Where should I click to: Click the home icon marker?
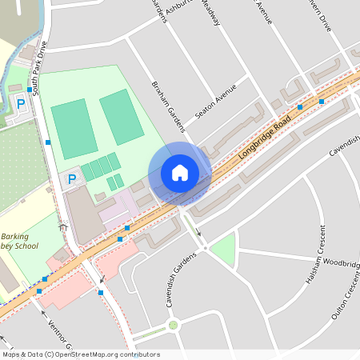[180, 173]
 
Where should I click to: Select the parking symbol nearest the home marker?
[72, 179]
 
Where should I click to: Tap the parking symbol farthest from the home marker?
[21, 104]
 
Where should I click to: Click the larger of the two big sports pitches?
[74, 128]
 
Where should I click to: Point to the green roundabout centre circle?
[173, 325]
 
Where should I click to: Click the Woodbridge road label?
[342, 263]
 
